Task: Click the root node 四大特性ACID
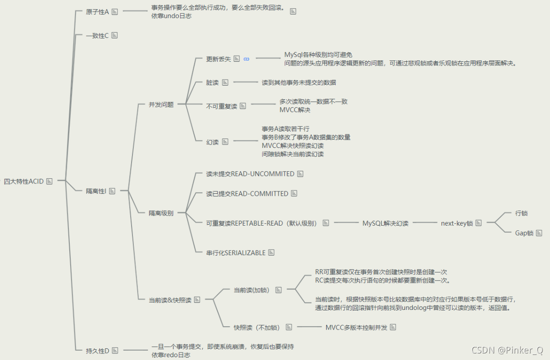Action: tap(23, 181)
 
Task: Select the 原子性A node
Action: tap(97, 12)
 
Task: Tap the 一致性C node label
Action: tap(97, 35)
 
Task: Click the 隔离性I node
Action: tap(96, 191)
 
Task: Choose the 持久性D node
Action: tap(97, 350)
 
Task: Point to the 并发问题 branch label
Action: tap(161, 104)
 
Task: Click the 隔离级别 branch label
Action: tap(161, 213)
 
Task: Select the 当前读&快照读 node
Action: tap(170, 300)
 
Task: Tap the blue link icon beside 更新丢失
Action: tap(247, 59)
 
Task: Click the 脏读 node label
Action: tap(213, 82)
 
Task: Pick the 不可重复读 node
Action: tap(222, 106)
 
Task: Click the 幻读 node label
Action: tap(213, 141)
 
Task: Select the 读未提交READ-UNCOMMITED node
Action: tap(250, 174)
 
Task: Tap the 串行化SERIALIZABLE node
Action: tap(235, 253)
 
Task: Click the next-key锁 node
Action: tap(457, 223)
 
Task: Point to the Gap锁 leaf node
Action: tap(524, 233)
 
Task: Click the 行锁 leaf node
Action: tap(521, 213)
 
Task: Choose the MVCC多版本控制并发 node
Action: tap(356, 327)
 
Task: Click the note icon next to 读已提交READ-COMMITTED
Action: tap(294, 193)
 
